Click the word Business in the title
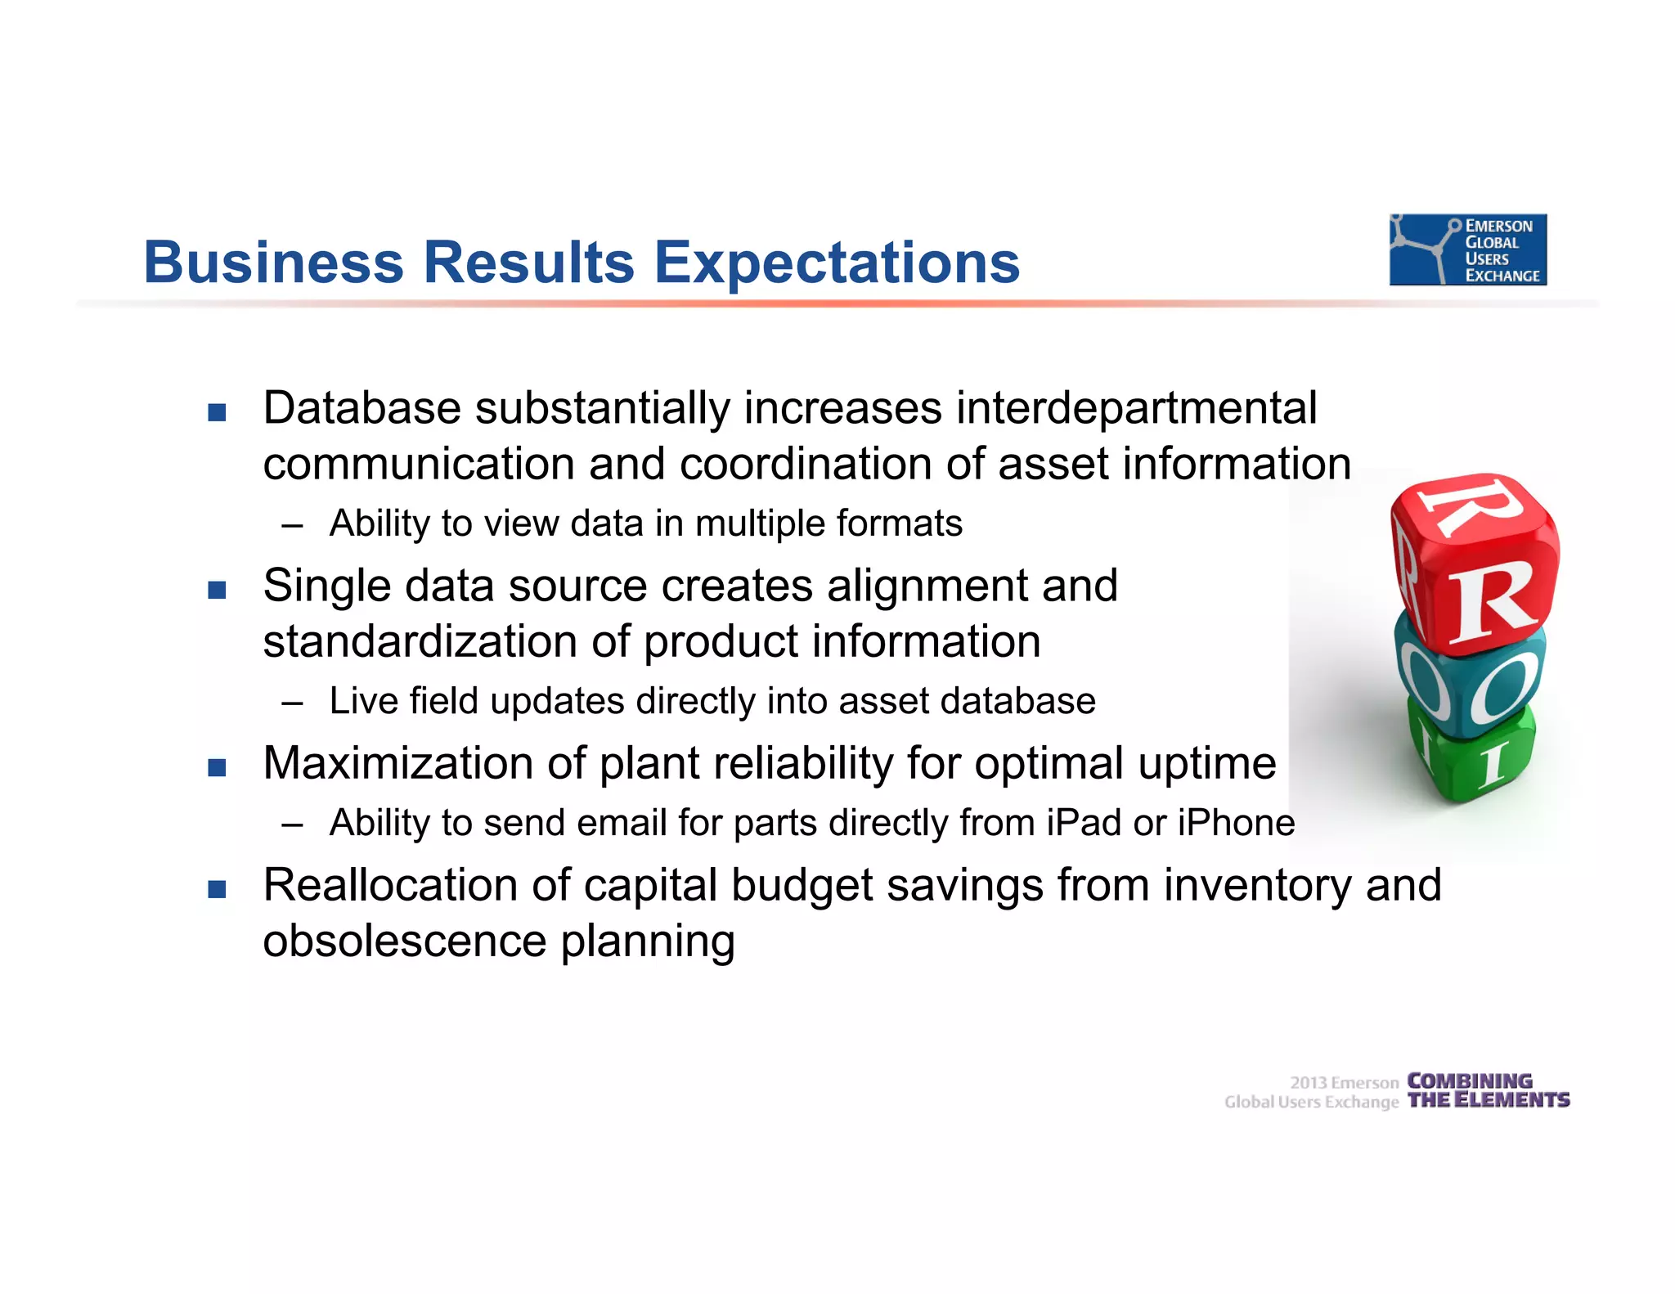pyautogui.click(x=273, y=263)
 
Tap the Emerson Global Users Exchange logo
pyautogui.click(x=1467, y=249)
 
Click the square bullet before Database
pyautogui.click(x=217, y=411)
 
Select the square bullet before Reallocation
pyautogui.click(x=217, y=888)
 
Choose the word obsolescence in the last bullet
pyautogui.click(x=404, y=941)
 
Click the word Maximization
pyautogui.click(x=398, y=763)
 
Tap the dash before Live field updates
pyautogui.click(x=292, y=703)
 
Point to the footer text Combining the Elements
pyautogui.click(x=1488, y=1091)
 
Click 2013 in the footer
pyautogui.click(x=1309, y=1083)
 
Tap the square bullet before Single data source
pyautogui.click(x=217, y=590)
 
